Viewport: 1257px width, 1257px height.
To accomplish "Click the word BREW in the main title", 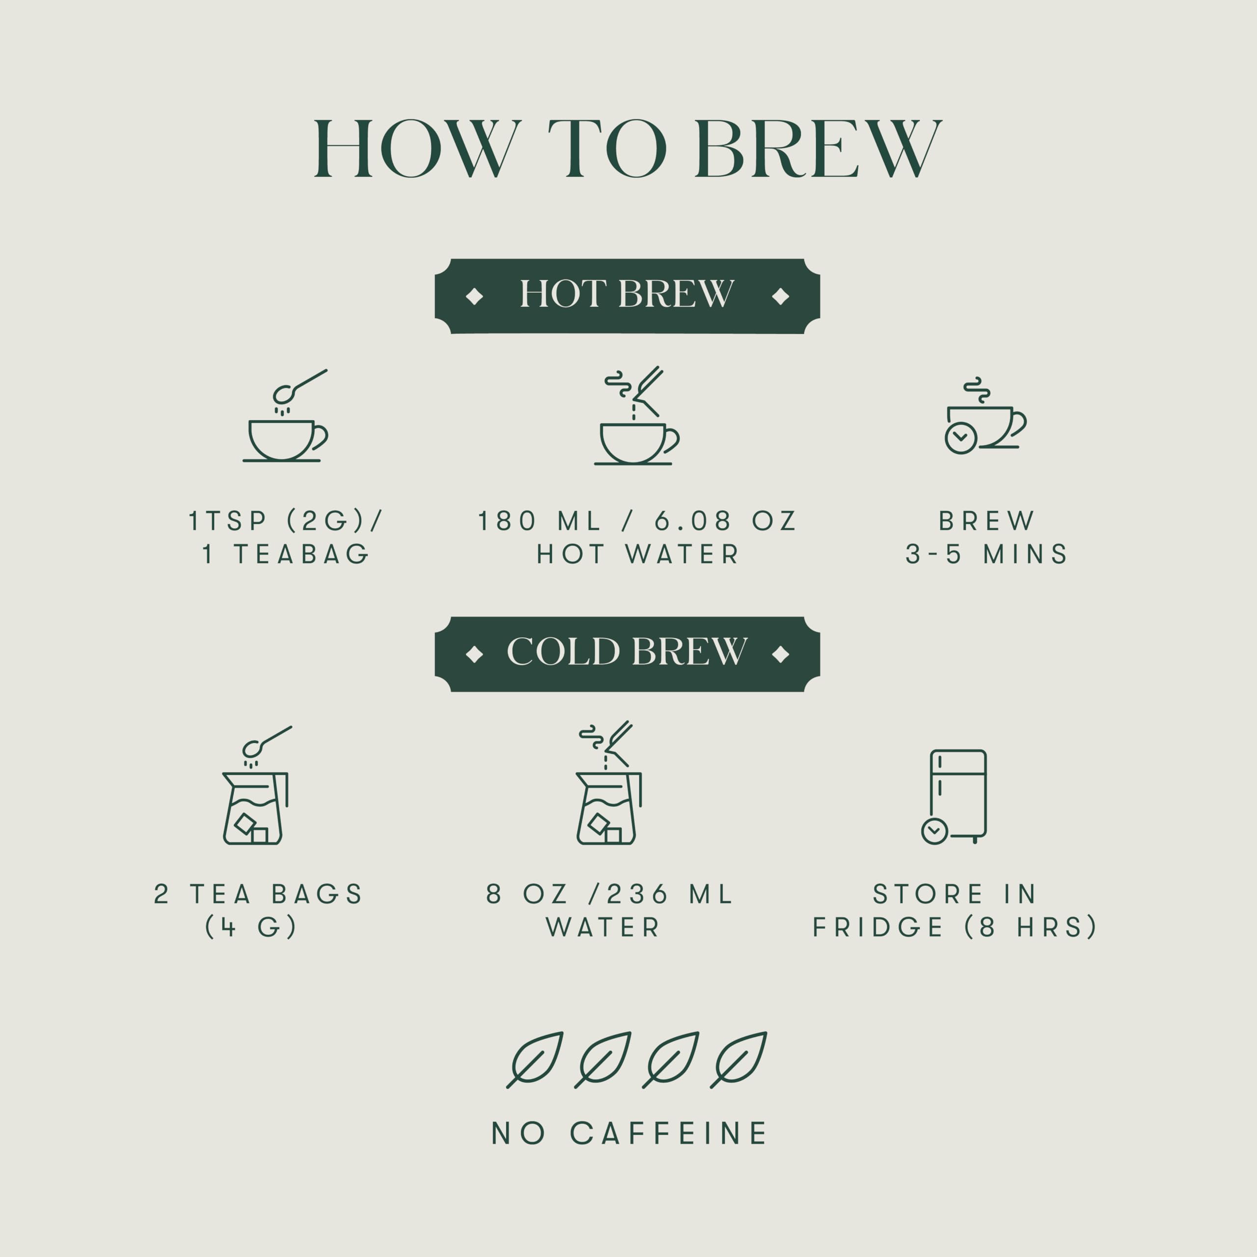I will (x=818, y=148).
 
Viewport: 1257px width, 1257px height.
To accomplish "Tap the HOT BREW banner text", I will (x=627, y=294).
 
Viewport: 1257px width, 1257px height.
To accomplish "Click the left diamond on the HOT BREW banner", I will (x=474, y=297).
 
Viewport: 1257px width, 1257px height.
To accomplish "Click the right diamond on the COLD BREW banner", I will (x=780, y=654).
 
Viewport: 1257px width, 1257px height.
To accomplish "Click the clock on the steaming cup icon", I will (x=960, y=438).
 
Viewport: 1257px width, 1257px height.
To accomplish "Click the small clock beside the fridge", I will (x=934, y=831).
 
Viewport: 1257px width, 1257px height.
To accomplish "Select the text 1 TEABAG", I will (x=286, y=554).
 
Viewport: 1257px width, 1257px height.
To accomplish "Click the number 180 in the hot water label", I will (x=507, y=521).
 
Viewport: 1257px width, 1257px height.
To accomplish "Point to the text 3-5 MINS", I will (x=986, y=554).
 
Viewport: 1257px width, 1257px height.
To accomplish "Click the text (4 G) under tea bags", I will (x=251, y=927).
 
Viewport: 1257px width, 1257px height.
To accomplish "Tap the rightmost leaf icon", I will (x=739, y=1059).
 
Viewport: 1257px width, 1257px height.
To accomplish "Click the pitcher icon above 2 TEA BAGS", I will (x=255, y=808).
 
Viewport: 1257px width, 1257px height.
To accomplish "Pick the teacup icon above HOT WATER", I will (x=634, y=442).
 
